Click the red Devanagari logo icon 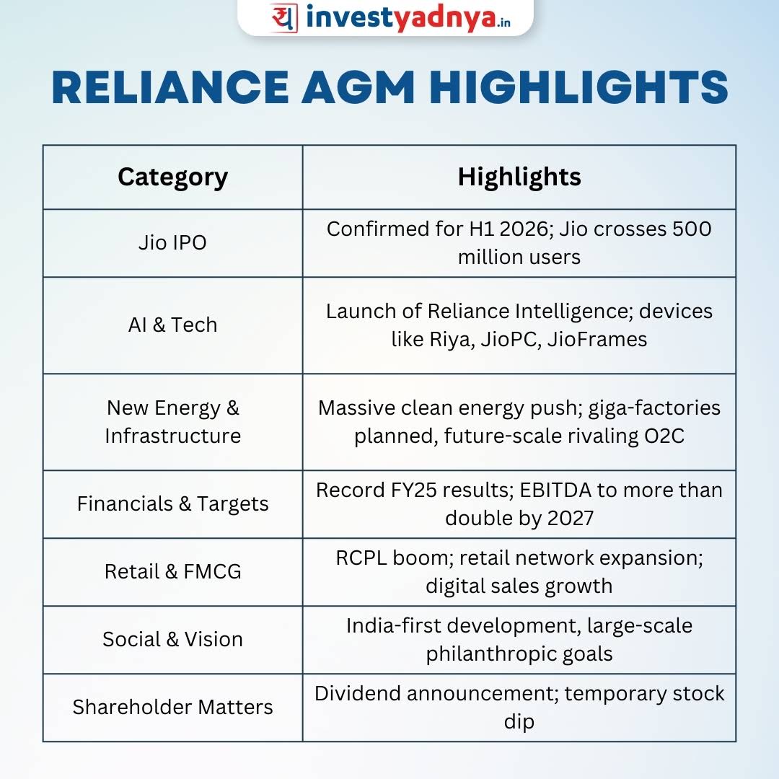pos(284,18)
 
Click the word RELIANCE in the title pos(170,87)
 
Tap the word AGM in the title pos(358,87)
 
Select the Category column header pos(173,177)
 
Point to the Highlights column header pos(519,177)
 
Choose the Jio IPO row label pos(172,243)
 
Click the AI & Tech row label pos(172,325)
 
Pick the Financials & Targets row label pos(172,503)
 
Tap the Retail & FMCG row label pos(172,571)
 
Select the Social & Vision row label pos(172,639)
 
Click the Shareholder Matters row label pos(172,707)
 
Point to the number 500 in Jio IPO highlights pos(692,229)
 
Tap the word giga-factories pos(654,408)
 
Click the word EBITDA pos(555,490)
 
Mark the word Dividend pos(358,694)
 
